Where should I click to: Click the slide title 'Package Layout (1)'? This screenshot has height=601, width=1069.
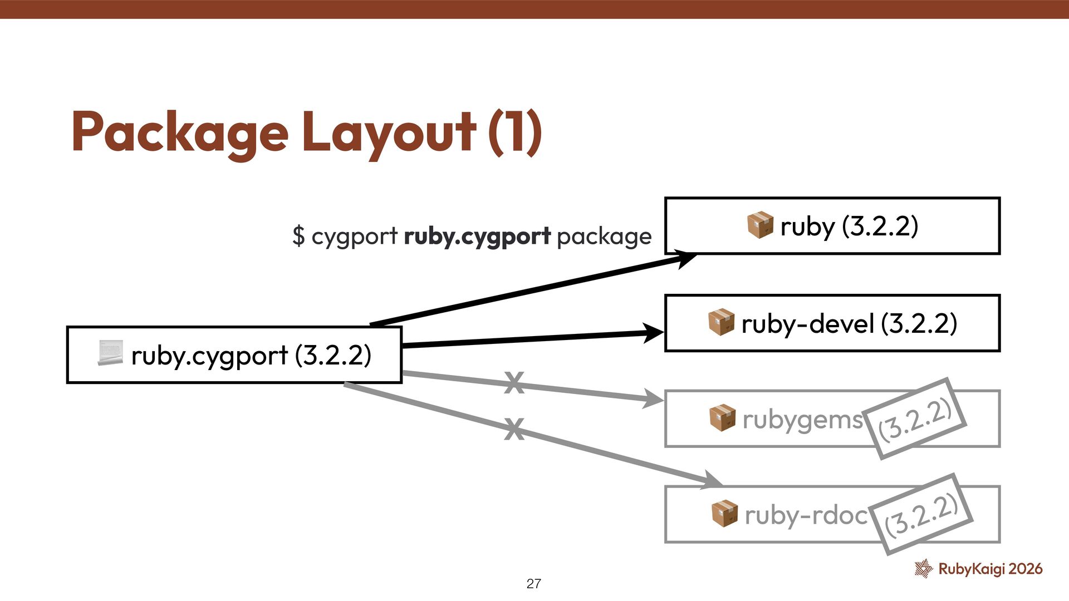[306, 132]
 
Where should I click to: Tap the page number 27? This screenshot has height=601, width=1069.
[533, 584]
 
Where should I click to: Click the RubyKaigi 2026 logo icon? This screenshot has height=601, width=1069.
[924, 568]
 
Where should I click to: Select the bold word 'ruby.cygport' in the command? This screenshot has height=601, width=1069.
[477, 236]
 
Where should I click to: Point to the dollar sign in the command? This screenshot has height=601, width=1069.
[298, 236]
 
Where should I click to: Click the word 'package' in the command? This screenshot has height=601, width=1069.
[604, 236]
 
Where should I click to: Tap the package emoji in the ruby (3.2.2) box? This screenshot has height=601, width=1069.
[760, 225]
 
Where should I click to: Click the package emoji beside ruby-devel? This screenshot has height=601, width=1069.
[721, 323]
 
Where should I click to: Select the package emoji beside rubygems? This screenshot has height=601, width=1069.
[722, 418]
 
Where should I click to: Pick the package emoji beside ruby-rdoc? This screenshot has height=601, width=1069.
[724, 514]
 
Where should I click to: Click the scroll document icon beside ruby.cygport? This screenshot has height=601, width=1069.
[110, 354]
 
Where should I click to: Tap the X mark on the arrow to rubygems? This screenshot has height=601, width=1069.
[514, 383]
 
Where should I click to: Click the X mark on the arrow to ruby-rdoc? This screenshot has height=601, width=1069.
[514, 429]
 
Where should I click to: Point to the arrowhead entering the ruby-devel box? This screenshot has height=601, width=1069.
[654, 333]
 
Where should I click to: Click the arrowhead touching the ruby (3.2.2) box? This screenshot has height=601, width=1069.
[686, 258]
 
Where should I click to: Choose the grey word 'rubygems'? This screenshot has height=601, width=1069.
[802, 419]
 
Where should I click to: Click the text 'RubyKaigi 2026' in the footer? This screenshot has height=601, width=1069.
[990, 569]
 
